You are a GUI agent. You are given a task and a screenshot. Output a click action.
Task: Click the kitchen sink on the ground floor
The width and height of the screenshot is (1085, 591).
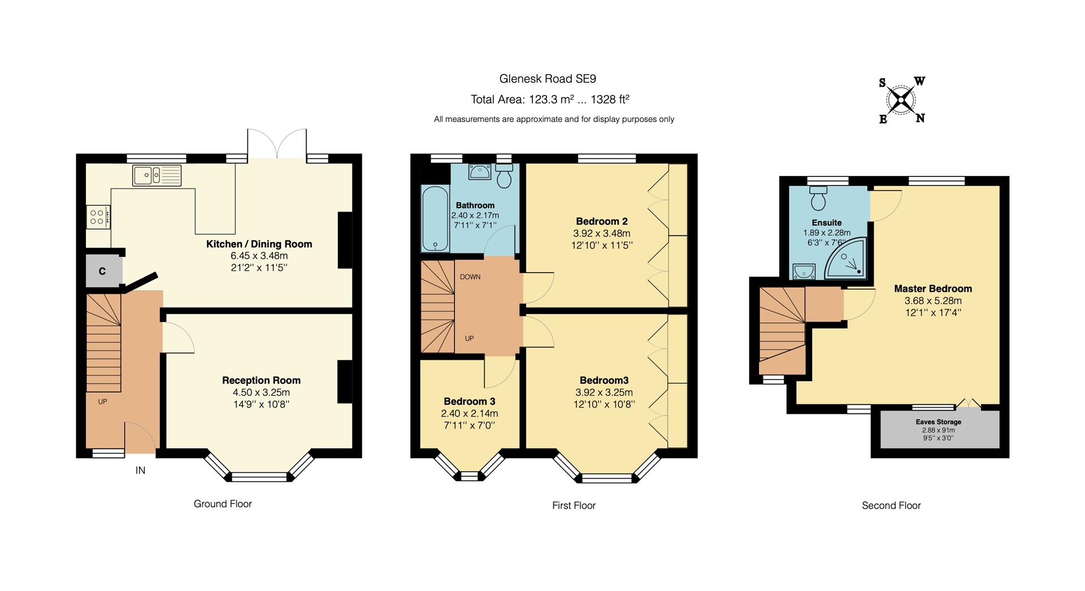pyautogui.click(x=157, y=175)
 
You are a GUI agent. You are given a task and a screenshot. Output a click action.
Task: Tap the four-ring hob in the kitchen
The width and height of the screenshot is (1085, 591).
pyautogui.click(x=97, y=217)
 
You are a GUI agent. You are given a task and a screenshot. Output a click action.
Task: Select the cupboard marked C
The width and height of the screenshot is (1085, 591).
pyautogui.click(x=103, y=271)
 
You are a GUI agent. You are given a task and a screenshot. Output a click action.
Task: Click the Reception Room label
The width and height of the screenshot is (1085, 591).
pyautogui.click(x=261, y=381)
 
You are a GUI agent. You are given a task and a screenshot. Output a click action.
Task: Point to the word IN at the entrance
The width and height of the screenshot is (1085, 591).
pyautogui.click(x=140, y=470)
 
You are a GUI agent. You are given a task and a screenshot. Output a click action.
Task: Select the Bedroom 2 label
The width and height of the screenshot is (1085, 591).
pyautogui.click(x=601, y=221)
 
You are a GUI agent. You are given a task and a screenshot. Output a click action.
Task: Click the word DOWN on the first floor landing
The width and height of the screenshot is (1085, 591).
pyautogui.click(x=470, y=277)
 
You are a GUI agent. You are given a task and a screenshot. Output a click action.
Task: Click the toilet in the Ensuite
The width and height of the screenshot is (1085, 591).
pyautogui.click(x=818, y=199)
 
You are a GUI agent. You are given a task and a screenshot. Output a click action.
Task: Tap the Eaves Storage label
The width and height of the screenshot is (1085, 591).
pyautogui.click(x=938, y=422)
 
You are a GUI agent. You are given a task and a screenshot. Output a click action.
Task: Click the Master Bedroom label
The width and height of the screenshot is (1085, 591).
pyautogui.click(x=932, y=288)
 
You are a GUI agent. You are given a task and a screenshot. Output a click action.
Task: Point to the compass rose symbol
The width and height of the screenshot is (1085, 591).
pyautogui.click(x=901, y=101)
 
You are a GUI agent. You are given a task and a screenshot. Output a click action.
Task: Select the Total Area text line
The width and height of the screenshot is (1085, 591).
pyautogui.click(x=549, y=100)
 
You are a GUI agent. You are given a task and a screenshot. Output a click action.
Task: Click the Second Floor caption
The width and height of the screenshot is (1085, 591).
pyautogui.click(x=891, y=506)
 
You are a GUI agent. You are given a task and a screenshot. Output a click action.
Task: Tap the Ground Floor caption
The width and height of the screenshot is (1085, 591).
pyautogui.click(x=223, y=504)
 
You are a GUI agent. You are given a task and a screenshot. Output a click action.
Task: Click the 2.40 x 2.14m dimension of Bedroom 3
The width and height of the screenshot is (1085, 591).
pyautogui.click(x=469, y=413)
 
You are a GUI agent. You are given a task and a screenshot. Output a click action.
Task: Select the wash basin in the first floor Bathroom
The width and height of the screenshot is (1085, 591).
pyautogui.click(x=479, y=171)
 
